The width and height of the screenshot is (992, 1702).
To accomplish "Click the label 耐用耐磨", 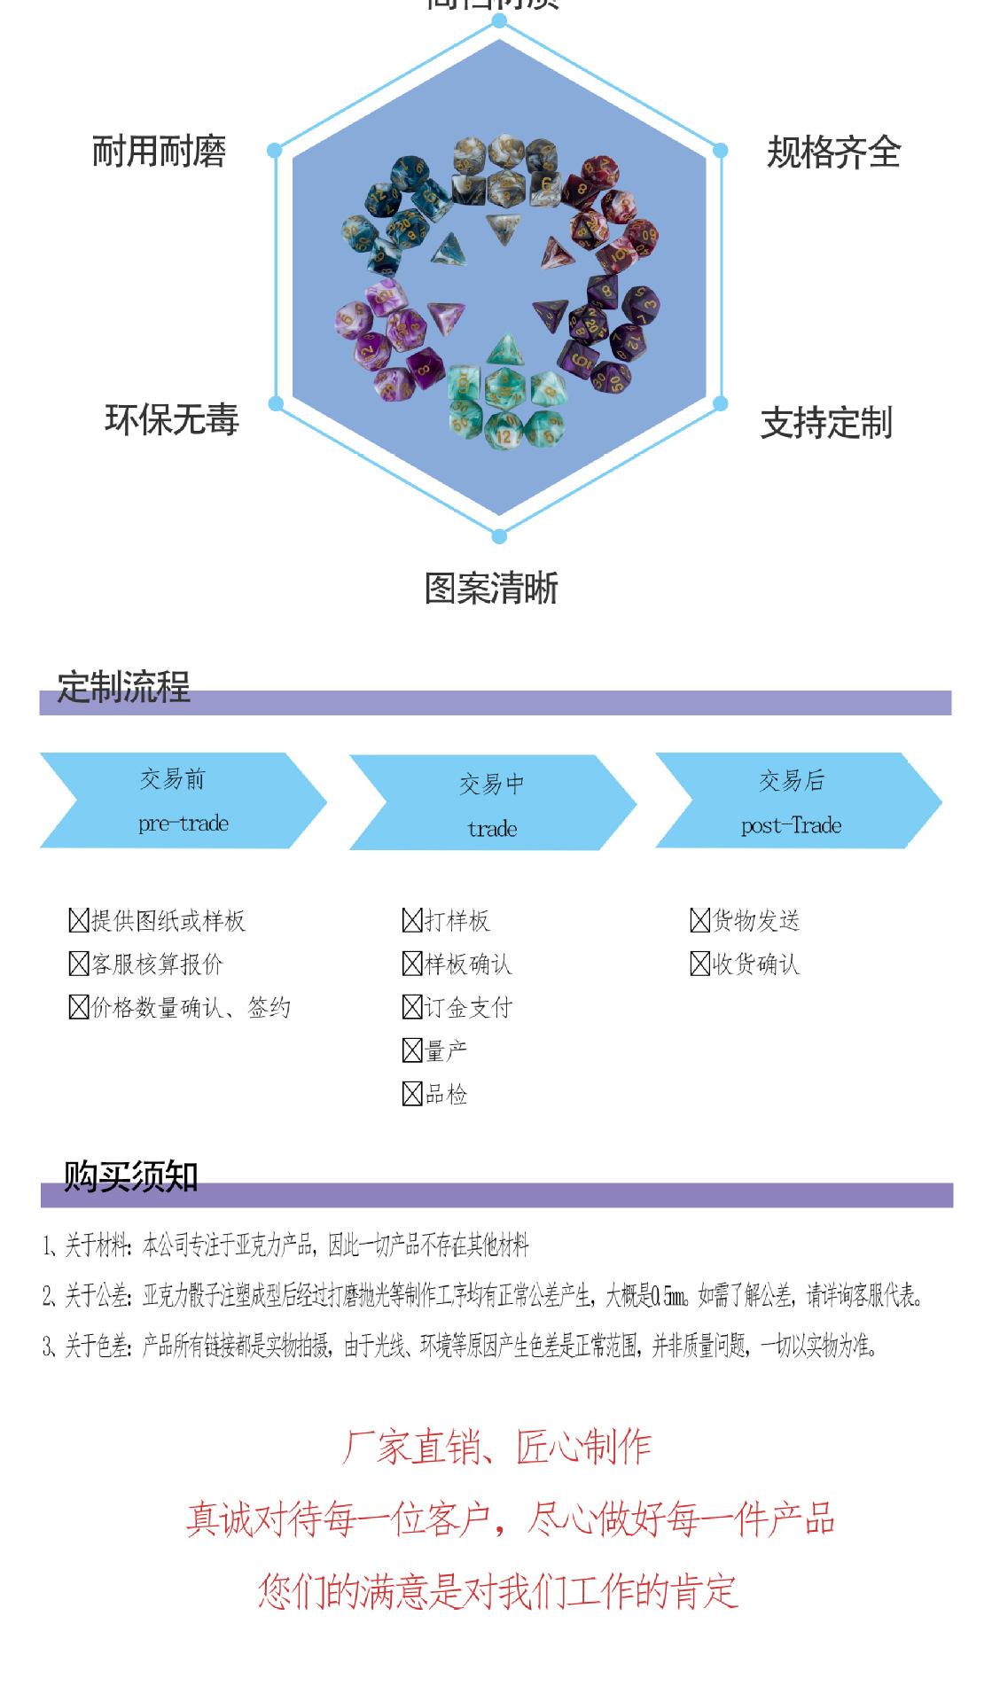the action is pyautogui.click(x=159, y=152).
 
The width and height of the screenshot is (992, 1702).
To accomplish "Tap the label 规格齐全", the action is pyautogui.click(x=833, y=152).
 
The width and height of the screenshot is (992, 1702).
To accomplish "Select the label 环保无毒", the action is pyautogui.click(x=172, y=419).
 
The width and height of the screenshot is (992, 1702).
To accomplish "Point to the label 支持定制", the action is pyautogui.click(x=826, y=423).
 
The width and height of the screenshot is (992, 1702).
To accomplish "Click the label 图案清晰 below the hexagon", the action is pyautogui.click(x=491, y=589).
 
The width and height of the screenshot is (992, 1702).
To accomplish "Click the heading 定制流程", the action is pyautogui.click(x=124, y=687).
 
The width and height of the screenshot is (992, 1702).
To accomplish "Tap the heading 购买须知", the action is pyautogui.click(x=130, y=1176).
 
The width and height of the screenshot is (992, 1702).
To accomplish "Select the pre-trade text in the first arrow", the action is pyautogui.click(x=184, y=824).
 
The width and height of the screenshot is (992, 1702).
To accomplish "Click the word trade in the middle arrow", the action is pyautogui.click(x=492, y=829).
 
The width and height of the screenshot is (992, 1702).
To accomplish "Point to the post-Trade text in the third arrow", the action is pyautogui.click(x=791, y=825).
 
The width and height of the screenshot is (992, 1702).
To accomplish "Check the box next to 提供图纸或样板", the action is pyautogui.click(x=78, y=920).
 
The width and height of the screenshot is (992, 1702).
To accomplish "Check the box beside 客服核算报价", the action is pyautogui.click(x=78, y=964).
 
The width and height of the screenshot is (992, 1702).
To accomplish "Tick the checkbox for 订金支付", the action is pyautogui.click(x=411, y=1007).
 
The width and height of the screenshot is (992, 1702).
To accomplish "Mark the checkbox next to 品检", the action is pyautogui.click(x=411, y=1094).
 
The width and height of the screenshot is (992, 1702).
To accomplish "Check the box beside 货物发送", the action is pyautogui.click(x=699, y=920).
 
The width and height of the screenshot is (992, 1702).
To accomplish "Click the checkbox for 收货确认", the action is pyautogui.click(x=699, y=964).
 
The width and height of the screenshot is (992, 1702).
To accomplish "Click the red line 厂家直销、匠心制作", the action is pyautogui.click(x=496, y=1448).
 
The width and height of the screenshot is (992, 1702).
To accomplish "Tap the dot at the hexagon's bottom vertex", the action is pyautogui.click(x=499, y=536).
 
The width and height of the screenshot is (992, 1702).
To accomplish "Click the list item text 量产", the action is pyautogui.click(x=446, y=1050).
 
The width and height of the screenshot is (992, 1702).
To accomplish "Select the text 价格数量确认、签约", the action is pyautogui.click(x=191, y=1007).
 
